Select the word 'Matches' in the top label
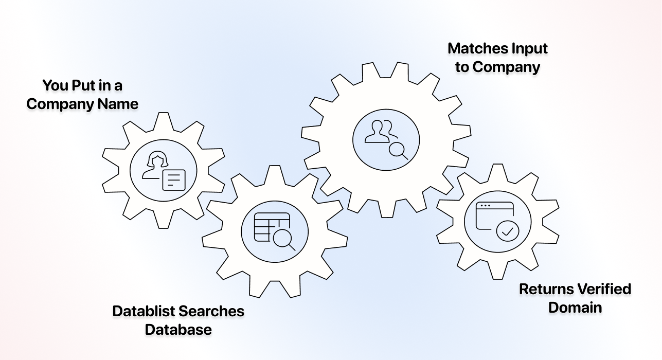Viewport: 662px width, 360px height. [x=472, y=48]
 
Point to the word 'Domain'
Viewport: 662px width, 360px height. [x=575, y=308]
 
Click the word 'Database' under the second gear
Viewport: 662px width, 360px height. [x=178, y=330]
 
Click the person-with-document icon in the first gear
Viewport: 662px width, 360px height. [x=164, y=171]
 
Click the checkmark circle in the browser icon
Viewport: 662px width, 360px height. [x=508, y=231]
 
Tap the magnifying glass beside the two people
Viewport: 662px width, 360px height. [x=397, y=150]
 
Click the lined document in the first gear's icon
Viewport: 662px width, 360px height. [x=173, y=180]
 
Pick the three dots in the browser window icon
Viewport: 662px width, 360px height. [x=485, y=206]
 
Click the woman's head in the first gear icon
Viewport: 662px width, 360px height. [x=156, y=159]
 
